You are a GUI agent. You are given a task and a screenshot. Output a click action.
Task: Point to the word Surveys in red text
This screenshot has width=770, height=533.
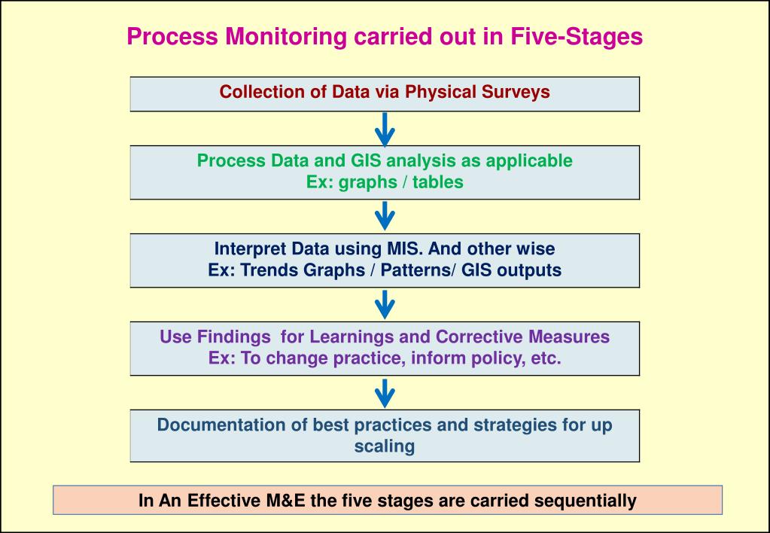[516, 93]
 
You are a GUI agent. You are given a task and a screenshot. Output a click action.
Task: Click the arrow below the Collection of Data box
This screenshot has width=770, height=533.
[385, 129]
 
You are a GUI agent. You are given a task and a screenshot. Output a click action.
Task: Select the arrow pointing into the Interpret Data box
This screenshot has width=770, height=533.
[385, 216]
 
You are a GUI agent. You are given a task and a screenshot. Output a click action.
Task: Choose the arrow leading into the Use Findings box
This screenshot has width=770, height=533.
[385, 304]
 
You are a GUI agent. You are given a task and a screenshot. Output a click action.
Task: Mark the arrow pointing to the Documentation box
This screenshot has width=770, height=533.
[385, 392]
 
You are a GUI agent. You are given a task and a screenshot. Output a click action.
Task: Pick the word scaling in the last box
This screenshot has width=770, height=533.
[385, 446]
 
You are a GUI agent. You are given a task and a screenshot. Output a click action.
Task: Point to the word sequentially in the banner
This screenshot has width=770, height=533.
[589, 500]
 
